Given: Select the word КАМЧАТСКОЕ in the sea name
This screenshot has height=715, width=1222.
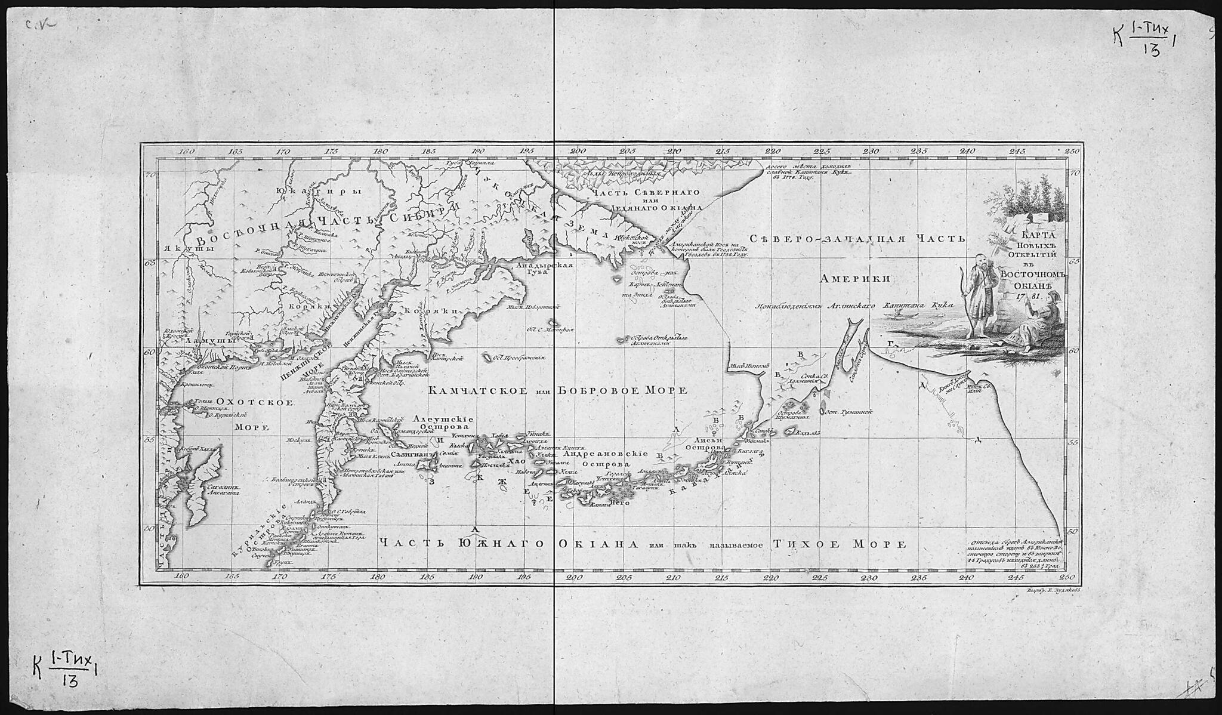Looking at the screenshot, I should [477, 390].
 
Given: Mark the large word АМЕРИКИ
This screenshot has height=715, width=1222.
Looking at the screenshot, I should [855, 278].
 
